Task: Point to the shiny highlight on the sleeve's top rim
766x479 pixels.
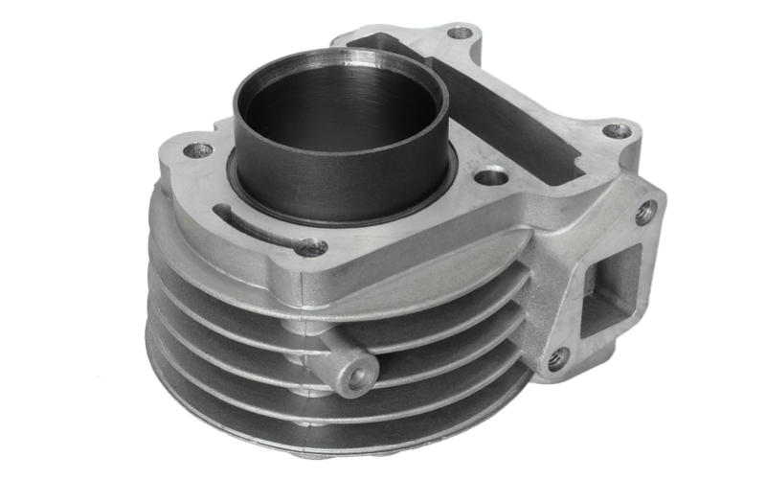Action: click(402, 64)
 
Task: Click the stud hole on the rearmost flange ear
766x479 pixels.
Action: click(461, 33)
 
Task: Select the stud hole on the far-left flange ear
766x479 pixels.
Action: click(197, 150)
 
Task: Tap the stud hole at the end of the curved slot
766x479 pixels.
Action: click(310, 247)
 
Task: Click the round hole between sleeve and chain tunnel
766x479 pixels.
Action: click(490, 177)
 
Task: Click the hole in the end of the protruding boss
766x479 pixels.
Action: click(359, 378)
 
